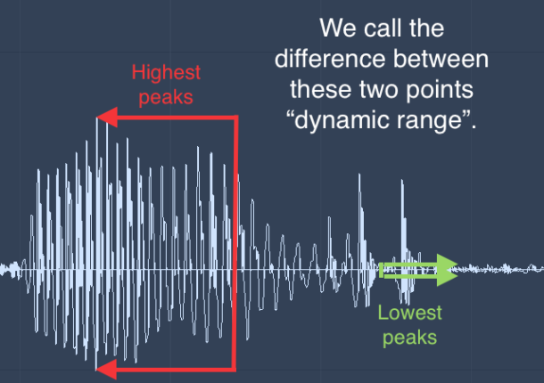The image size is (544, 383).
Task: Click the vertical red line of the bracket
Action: (235, 240)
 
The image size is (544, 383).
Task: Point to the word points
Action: (446, 92)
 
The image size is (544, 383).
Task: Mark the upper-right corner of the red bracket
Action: (235, 117)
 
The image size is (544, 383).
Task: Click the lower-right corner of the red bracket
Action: (235, 367)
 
